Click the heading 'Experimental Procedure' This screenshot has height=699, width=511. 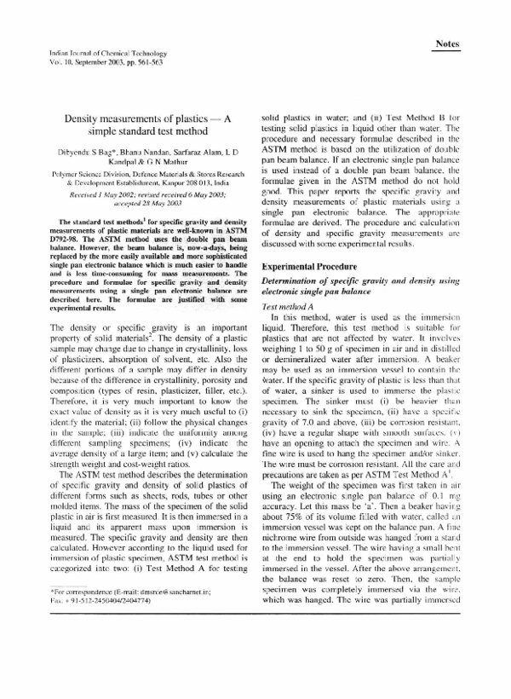tap(311, 242)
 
